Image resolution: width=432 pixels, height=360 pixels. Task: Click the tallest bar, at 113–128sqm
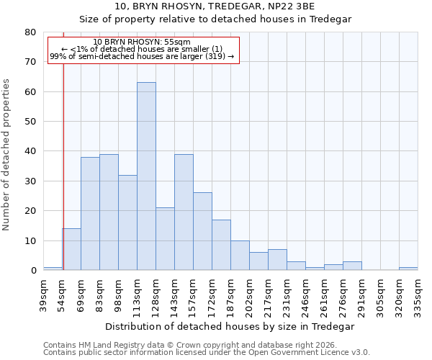[x=146, y=176]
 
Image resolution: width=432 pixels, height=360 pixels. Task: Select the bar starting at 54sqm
[x=71, y=249]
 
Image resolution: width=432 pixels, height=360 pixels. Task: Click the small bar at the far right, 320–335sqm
[x=408, y=269]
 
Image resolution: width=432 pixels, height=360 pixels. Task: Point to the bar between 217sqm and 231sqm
[x=277, y=260]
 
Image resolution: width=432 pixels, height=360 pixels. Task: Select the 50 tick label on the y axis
[x=30, y=122]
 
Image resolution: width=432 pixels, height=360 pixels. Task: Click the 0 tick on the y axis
[x=33, y=271]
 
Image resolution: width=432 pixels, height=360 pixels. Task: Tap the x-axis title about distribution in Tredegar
[x=230, y=326]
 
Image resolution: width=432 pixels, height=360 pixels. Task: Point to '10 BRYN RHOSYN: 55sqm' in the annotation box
[x=142, y=42]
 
